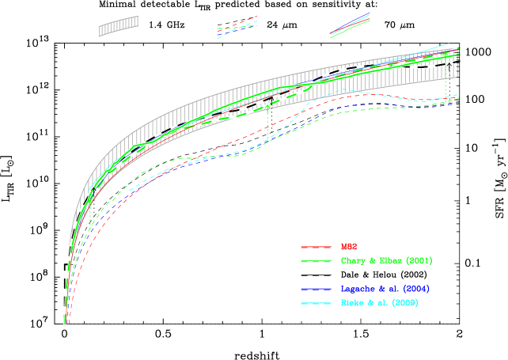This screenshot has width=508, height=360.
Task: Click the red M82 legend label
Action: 349,248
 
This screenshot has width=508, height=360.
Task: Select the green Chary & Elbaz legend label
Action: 386,261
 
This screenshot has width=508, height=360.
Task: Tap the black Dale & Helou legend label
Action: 384,275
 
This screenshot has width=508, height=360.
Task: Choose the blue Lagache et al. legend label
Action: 385,289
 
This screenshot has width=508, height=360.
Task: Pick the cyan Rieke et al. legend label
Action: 378,302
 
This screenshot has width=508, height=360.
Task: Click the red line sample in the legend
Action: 317,248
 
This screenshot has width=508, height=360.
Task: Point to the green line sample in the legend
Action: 317,261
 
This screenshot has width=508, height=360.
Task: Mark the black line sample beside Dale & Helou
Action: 317,275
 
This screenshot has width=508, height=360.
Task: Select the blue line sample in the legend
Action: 317,289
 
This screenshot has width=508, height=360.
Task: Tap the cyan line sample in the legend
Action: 317,302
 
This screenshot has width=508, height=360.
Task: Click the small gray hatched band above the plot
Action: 119,26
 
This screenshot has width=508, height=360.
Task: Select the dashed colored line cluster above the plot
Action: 237,28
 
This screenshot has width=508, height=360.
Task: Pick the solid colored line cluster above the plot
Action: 351,25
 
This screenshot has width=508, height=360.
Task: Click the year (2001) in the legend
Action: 419,261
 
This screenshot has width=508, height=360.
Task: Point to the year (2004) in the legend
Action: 415,289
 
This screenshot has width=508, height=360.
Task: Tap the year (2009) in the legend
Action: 403,302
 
